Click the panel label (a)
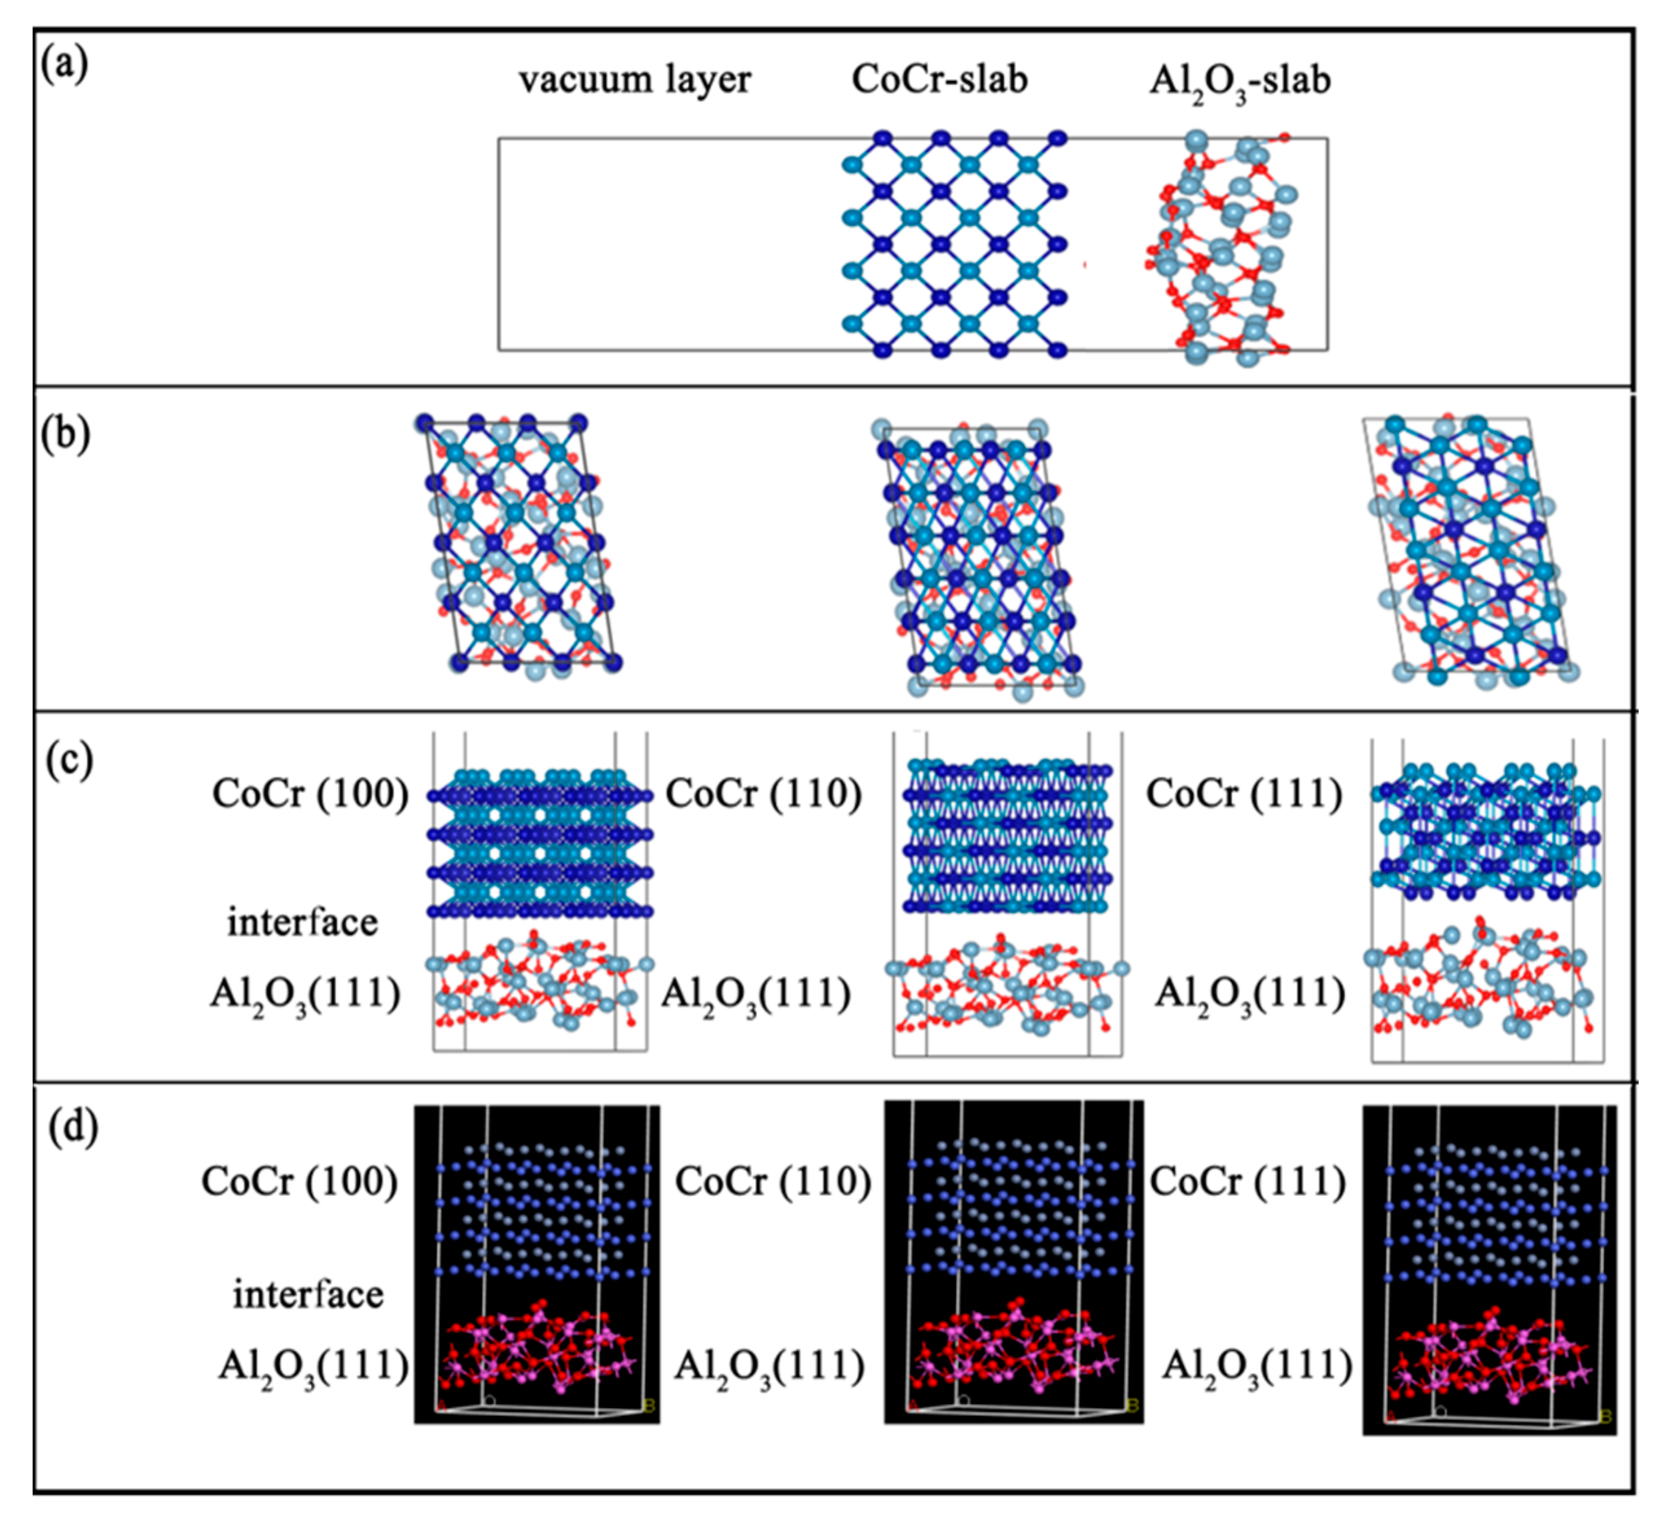64,65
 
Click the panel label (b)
64,435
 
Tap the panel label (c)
69,760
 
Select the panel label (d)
73,1128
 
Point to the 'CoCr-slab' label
939,80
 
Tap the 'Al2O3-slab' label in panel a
1240,82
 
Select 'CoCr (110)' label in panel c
764,794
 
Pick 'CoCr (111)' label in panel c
1244,794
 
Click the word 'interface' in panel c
302,922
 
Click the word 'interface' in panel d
308,1294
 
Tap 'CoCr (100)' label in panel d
300,1182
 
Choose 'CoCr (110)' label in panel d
773,1182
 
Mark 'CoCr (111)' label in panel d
1248,1182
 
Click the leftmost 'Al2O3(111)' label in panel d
313,1367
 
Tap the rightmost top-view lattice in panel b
1470,552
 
